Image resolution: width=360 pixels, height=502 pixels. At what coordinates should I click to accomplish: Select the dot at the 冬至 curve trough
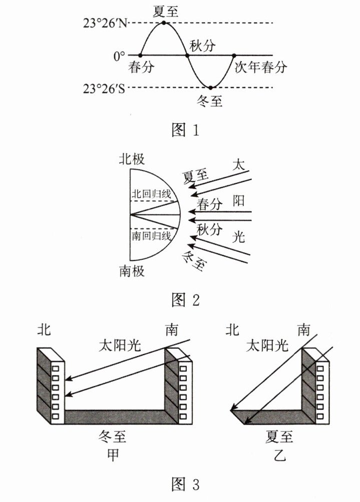coord(211,88)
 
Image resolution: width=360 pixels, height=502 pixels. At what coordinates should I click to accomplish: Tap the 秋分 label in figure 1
coord(202,46)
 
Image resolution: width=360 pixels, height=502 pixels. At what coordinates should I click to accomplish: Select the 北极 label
coord(132,159)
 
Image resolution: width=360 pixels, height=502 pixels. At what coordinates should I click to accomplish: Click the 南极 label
coord(132,271)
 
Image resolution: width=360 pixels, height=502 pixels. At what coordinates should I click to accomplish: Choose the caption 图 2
coord(185,300)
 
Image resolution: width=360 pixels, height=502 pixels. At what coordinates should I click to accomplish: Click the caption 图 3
coord(185,484)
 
